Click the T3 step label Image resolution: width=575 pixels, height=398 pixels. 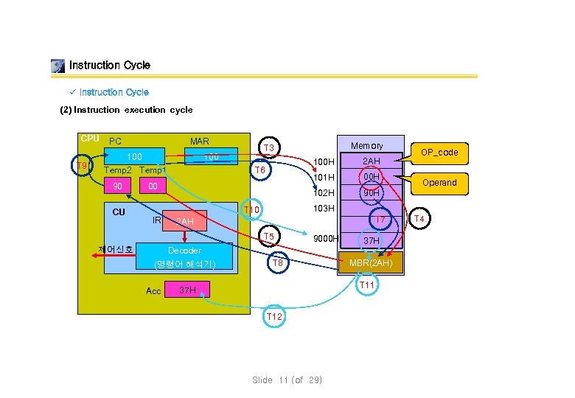coord(270,149)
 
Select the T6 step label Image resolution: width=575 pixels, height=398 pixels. coord(259,170)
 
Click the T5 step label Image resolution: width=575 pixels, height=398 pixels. coord(270,237)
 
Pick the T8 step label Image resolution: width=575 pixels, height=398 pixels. coord(278,263)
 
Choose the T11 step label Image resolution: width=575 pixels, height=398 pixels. coord(367,285)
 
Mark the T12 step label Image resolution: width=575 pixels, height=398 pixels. coord(274,316)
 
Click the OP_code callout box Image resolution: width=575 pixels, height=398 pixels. coord(439,153)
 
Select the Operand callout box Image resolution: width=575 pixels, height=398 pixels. coord(439,183)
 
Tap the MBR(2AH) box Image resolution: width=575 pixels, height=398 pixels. coord(371,263)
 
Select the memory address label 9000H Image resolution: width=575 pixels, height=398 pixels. coord(325,239)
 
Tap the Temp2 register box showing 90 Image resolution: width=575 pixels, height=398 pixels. coord(118,187)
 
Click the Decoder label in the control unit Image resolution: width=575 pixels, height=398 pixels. coord(184,251)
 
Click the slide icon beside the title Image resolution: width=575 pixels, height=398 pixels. coord(57,66)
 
